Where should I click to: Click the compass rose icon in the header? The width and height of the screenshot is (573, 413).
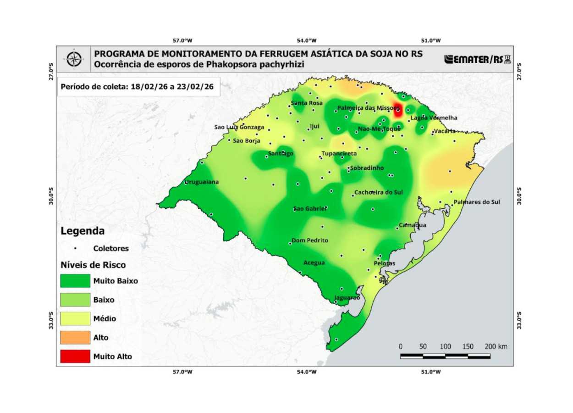(x=74, y=59)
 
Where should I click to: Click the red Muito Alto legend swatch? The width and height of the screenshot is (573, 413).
(x=75, y=356)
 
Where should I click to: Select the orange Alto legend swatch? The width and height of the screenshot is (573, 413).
(x=75, y=337)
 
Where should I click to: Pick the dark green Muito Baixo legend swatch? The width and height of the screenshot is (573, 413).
(x=75, y=281)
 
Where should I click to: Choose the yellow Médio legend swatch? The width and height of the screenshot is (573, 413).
(x=75, y=318)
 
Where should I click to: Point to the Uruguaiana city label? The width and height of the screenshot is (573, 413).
(x=202, y=182)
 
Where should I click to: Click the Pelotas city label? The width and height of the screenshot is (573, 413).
(x=384, y=263)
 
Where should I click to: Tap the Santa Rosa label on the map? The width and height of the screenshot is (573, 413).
(x=307, y=103)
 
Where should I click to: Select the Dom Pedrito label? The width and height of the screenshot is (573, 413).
(x=310, y=240)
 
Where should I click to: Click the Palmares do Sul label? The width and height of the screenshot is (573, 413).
(x=477, y=202)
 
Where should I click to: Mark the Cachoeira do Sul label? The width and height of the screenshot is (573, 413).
(x=379, y=193)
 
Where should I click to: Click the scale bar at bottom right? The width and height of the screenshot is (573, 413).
(x=445, y=356)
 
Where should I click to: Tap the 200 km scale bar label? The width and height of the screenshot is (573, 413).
(x=496, y=346)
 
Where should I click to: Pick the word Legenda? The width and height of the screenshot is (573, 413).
(x=83, y=231)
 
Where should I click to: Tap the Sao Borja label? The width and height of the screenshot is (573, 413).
(x=247, y=141)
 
